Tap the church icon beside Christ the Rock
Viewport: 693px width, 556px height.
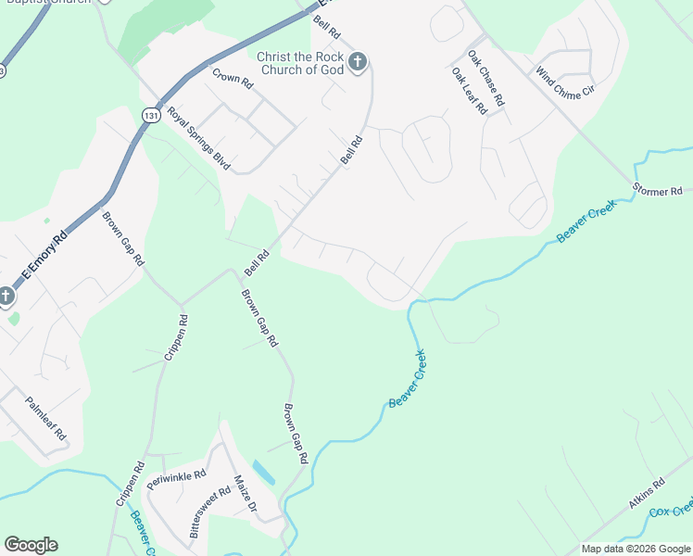(359, 63)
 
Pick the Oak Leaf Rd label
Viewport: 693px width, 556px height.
(469, 90)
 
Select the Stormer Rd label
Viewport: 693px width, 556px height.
(657, 191)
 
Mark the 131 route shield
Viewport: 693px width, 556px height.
(151, 114)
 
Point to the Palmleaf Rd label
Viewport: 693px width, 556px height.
(46, 419)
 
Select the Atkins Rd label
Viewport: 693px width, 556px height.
(647, 494)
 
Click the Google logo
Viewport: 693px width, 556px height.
(31, 545)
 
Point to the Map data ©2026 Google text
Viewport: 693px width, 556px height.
(635, 549)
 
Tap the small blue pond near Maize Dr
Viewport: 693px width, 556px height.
(264, 473)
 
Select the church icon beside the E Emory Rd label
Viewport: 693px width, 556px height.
(6, 297)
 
